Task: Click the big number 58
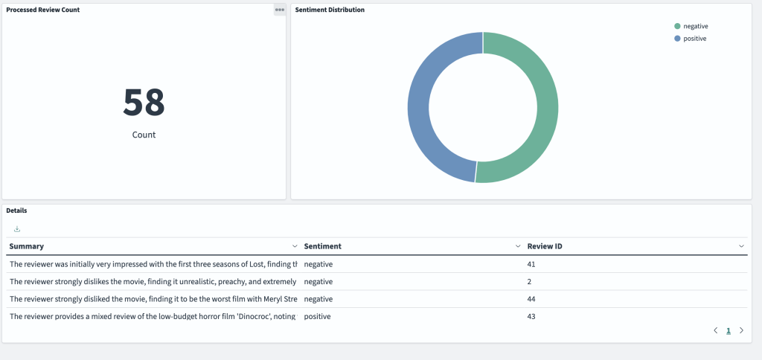point(144,103)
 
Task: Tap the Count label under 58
point(144,135)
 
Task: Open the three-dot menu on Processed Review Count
point(280,10)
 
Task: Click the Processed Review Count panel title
point(43,10)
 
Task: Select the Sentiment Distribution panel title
point(330,10)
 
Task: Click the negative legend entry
point(695,26)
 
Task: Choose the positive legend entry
point(694,38)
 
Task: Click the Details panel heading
point(16,210)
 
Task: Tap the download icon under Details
point(17,229)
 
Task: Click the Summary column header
point(27,246)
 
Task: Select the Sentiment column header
point(322,246)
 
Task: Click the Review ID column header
point(549,246)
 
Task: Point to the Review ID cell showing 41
point(531,264)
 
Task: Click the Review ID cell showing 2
point(530,282)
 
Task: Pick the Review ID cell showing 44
point(531,299)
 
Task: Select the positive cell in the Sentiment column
point(317,316)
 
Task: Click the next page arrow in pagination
point(741,330)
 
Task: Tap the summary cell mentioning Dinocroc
point(153,316)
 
